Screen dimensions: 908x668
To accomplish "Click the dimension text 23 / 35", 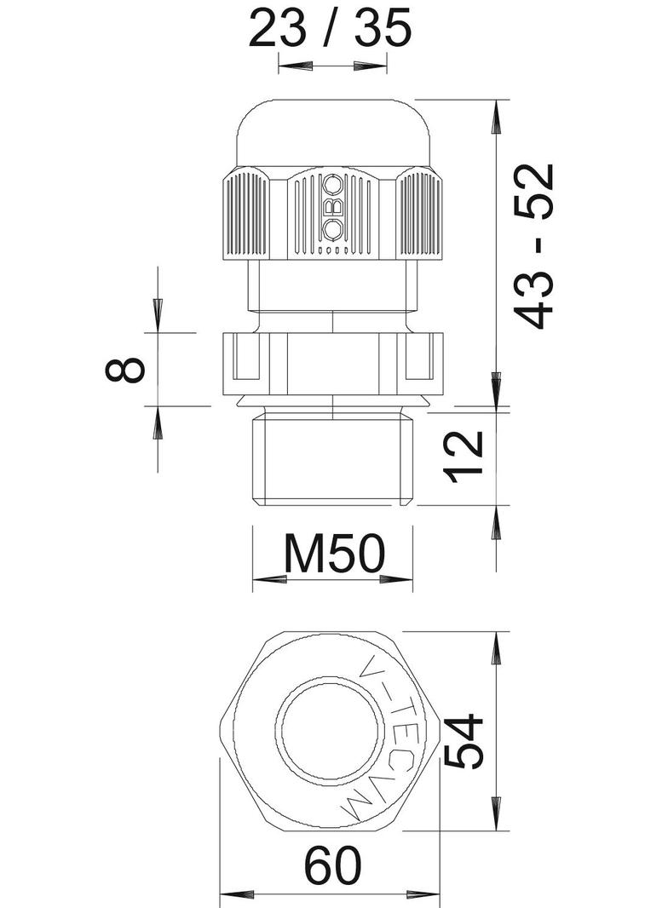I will coord(331,29).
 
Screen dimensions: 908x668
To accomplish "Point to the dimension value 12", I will coord(466,457).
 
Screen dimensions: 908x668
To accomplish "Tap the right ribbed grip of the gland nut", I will coord(420,214).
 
